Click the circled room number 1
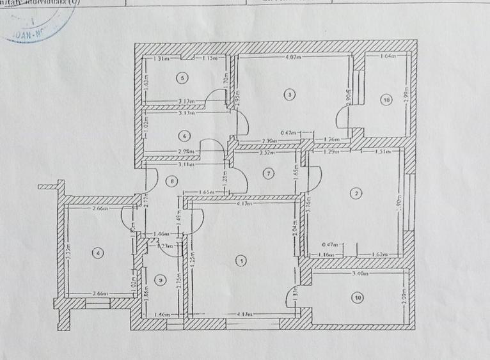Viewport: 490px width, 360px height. click(241, 260)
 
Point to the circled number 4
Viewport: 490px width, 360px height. click(97, 253)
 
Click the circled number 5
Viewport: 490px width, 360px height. click(184, 78)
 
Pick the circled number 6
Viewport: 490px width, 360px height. click(184, 136)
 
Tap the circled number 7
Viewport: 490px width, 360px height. click(269, 173)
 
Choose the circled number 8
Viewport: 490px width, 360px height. click(171, 182)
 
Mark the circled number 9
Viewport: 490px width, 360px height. click(161, 279)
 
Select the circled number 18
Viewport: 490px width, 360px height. click(385, 100)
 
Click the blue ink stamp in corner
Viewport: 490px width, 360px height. click(35, 26)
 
